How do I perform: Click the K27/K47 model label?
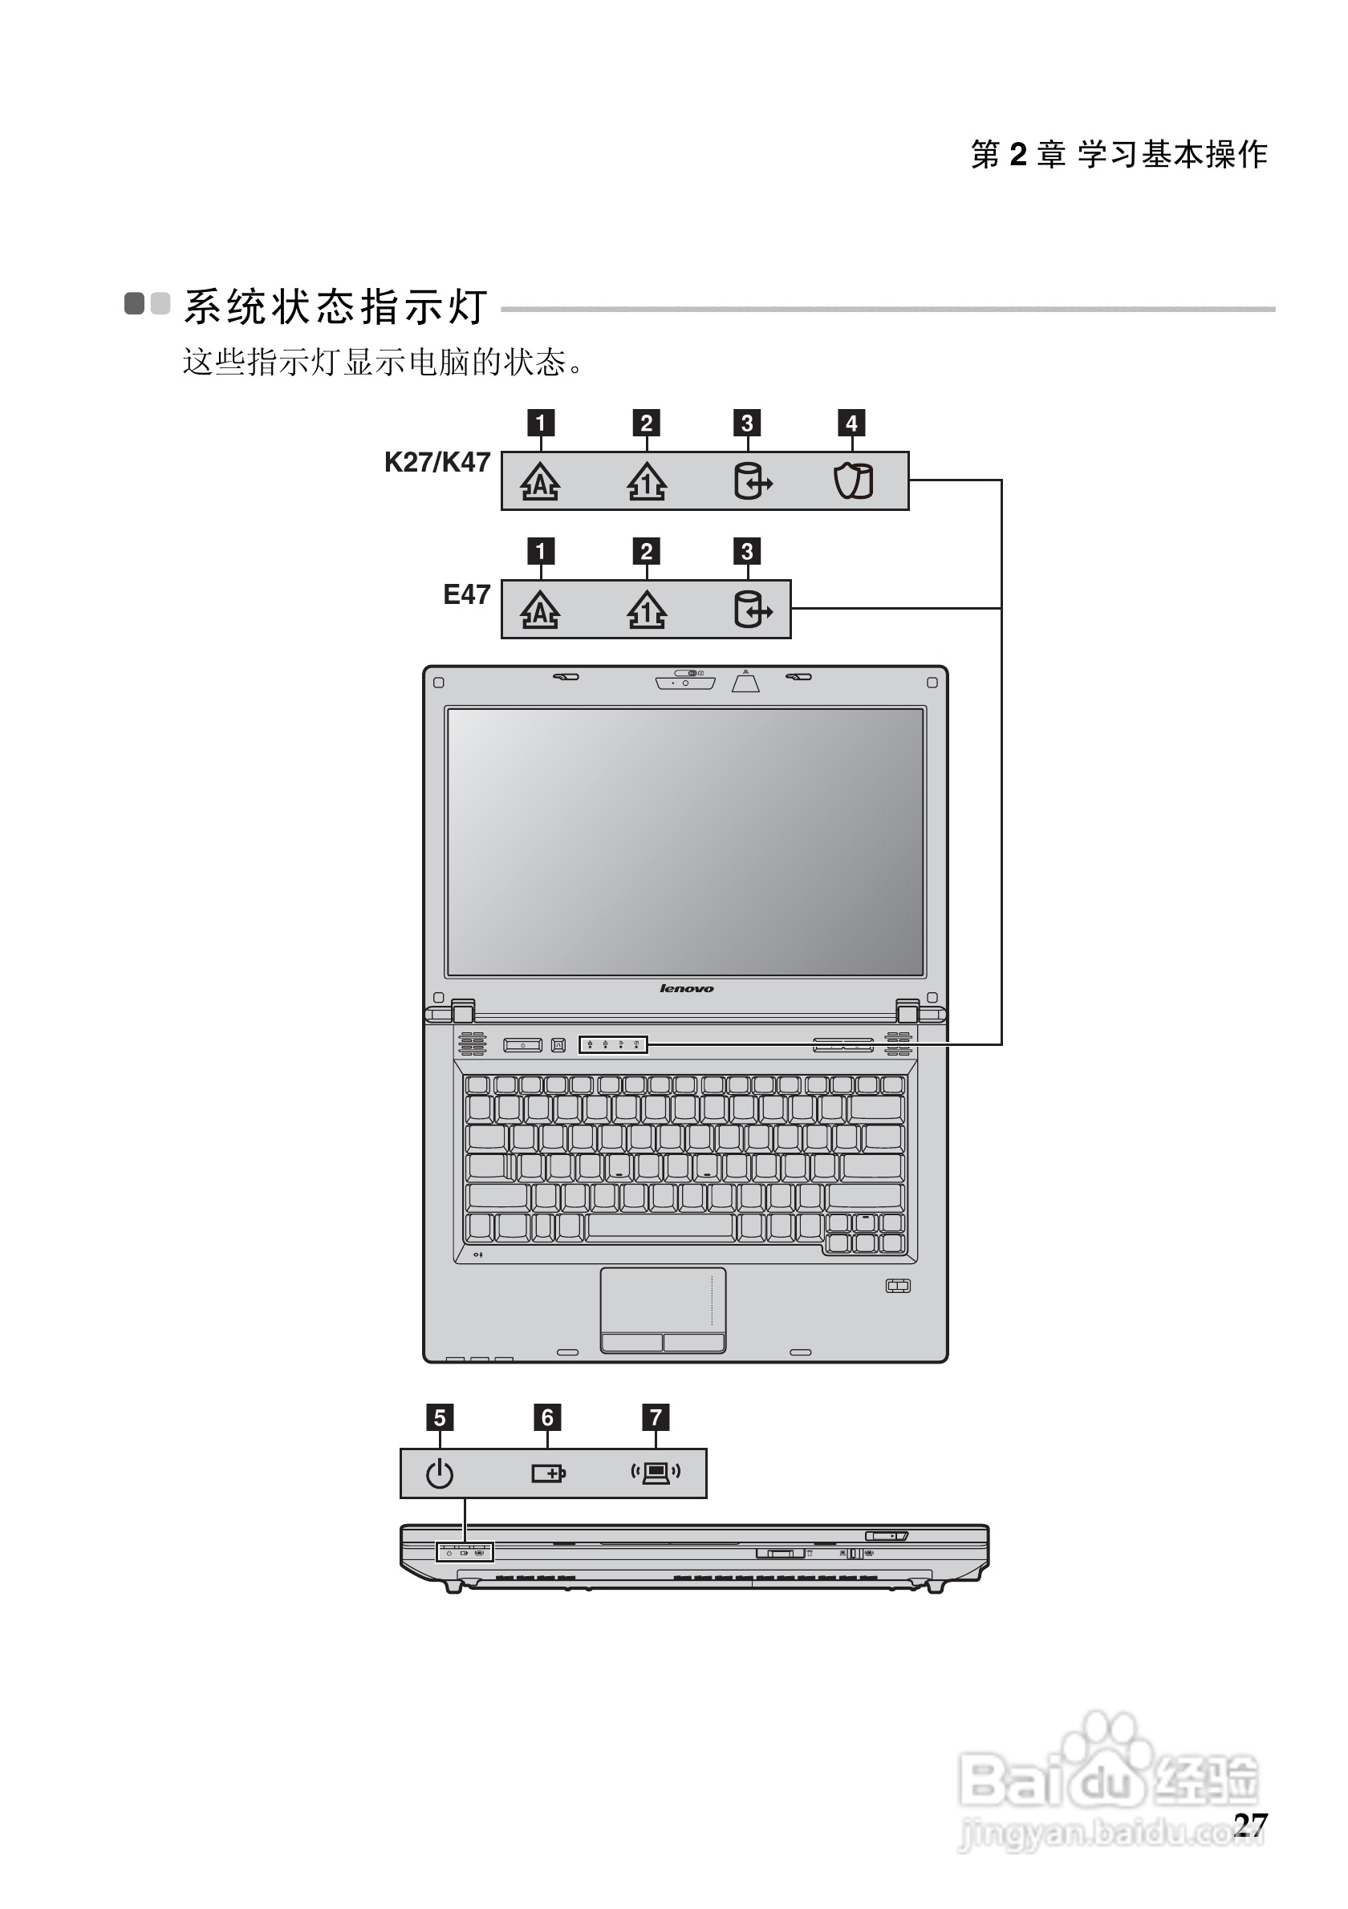coord(436,462)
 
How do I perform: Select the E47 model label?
coord(466,594)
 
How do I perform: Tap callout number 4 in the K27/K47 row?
coord(851,424)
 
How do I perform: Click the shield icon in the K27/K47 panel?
coord(852,480)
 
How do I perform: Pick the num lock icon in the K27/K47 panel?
coord(646,480)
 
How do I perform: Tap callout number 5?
coord(440,1417)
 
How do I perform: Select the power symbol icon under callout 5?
coord(440,1474)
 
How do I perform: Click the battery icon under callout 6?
coord(548,1474)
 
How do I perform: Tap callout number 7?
coord(656,1417)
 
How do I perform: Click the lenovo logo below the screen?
coord(686,988)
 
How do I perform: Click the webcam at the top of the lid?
coord(685,683)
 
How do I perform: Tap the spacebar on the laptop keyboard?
coord(660,1226)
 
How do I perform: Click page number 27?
coord(1250,1824)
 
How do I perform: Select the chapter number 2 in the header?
coord(1018,155)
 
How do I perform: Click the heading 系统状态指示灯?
coord(335,306)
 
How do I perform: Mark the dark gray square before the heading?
coord(134,303)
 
